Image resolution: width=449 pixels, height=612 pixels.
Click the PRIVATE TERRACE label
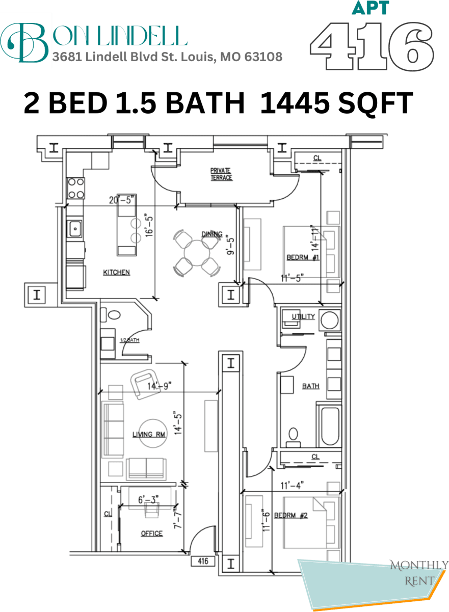click(x=221, y=174)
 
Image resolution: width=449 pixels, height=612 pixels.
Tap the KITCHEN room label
click(x=117, y=273)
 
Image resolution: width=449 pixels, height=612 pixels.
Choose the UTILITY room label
click(x=303, y=317)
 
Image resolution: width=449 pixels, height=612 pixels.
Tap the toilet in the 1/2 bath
click(x=114, y=314)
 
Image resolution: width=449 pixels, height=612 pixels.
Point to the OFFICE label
click(x=151, y=534)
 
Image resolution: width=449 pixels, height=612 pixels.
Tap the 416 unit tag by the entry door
click(x=203, y=562)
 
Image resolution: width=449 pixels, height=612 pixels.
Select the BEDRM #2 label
click(x=290, y=516)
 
